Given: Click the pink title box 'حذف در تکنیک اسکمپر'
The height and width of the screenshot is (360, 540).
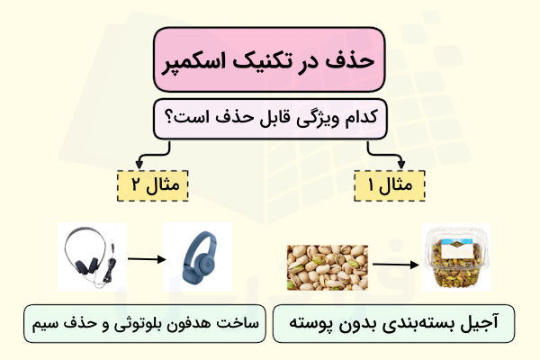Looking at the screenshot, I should [269, 59].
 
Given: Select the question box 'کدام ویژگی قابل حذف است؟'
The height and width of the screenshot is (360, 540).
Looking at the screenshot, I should [269, 118].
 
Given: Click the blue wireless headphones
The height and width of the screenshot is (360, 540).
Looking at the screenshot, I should [197, 260].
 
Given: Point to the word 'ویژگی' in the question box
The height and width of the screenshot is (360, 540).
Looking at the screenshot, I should [309, 118].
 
